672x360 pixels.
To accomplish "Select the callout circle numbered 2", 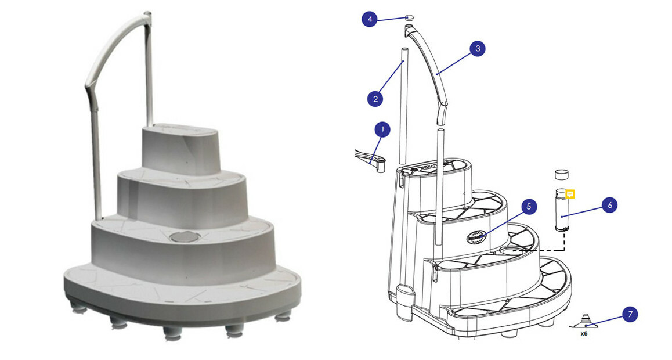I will pyautogui.click(x=375, y=99).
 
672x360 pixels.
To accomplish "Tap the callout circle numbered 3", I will pyautogui.click(x=477, y=49).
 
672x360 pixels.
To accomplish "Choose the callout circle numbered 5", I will pyautogui.click(x=529, y=206).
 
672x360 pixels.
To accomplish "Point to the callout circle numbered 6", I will pyautogui.click(x=609, y=205).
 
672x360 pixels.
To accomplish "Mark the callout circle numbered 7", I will pyautogui.click(x=630, y=315).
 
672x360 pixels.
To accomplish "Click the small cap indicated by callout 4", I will pyautogui.click(x=409, y=19).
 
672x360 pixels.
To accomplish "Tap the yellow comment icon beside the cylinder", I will pyautogui.click(x=570, y=194).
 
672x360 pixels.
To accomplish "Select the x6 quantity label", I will pyautogui.click(x=584, y=334).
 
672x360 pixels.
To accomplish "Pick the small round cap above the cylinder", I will pyautogui.click(x=561, y=174).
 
